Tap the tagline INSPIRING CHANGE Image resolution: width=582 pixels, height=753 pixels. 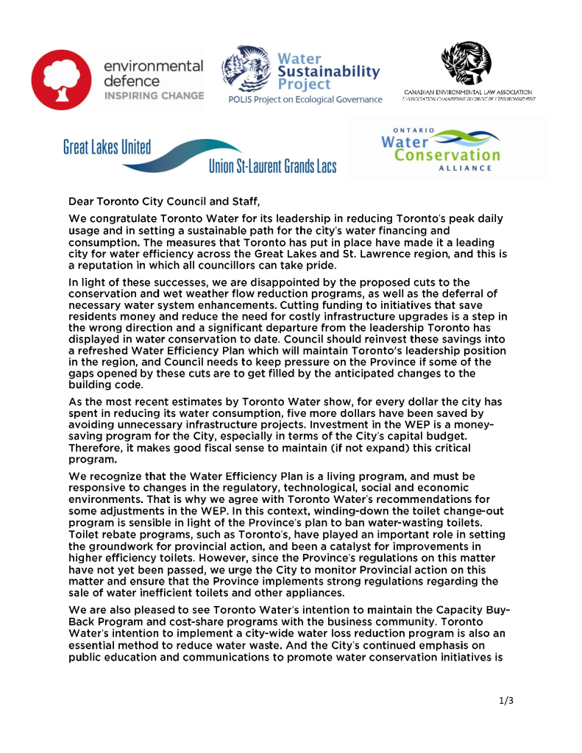pos(154,96)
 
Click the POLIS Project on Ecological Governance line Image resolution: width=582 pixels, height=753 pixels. pos(305,99)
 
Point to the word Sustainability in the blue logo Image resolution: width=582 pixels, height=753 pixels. pos(329,72)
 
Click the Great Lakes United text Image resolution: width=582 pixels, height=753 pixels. pos(107,147)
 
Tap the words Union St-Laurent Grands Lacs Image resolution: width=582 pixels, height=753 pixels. pos(272,165)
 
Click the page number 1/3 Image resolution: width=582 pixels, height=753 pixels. pos(505,700)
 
